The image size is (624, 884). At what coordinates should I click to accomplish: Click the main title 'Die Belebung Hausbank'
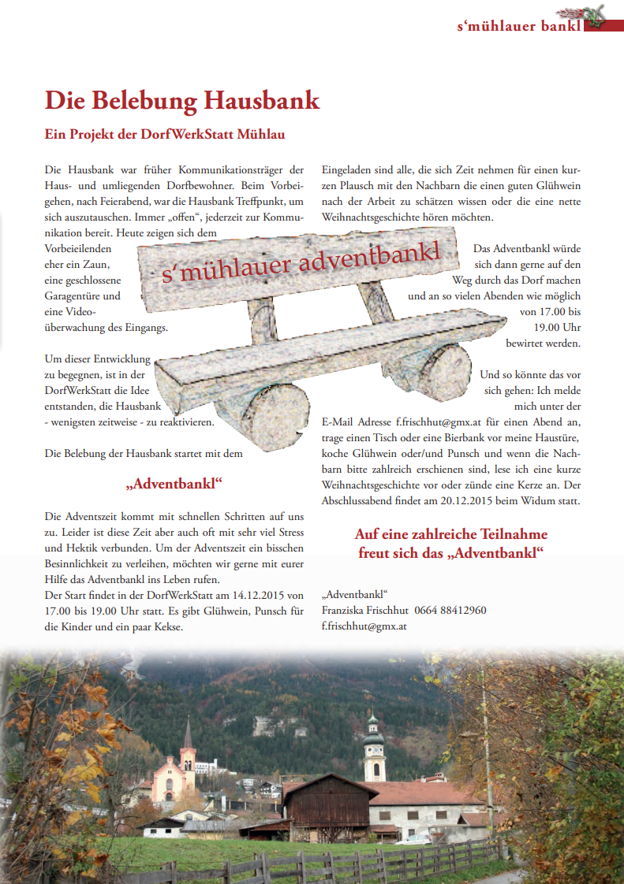[182, 101]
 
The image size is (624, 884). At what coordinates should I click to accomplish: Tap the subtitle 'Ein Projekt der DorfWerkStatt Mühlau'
[165, 134]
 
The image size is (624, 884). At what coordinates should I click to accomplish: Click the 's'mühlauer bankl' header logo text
[519, 26]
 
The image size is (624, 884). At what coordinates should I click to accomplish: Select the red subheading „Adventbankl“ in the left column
[174, 482]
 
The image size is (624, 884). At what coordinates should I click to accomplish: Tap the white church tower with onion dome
[374, 748]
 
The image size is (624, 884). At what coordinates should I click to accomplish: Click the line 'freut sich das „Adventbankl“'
[450, 552]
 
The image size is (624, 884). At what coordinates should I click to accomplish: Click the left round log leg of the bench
[271, 406]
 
